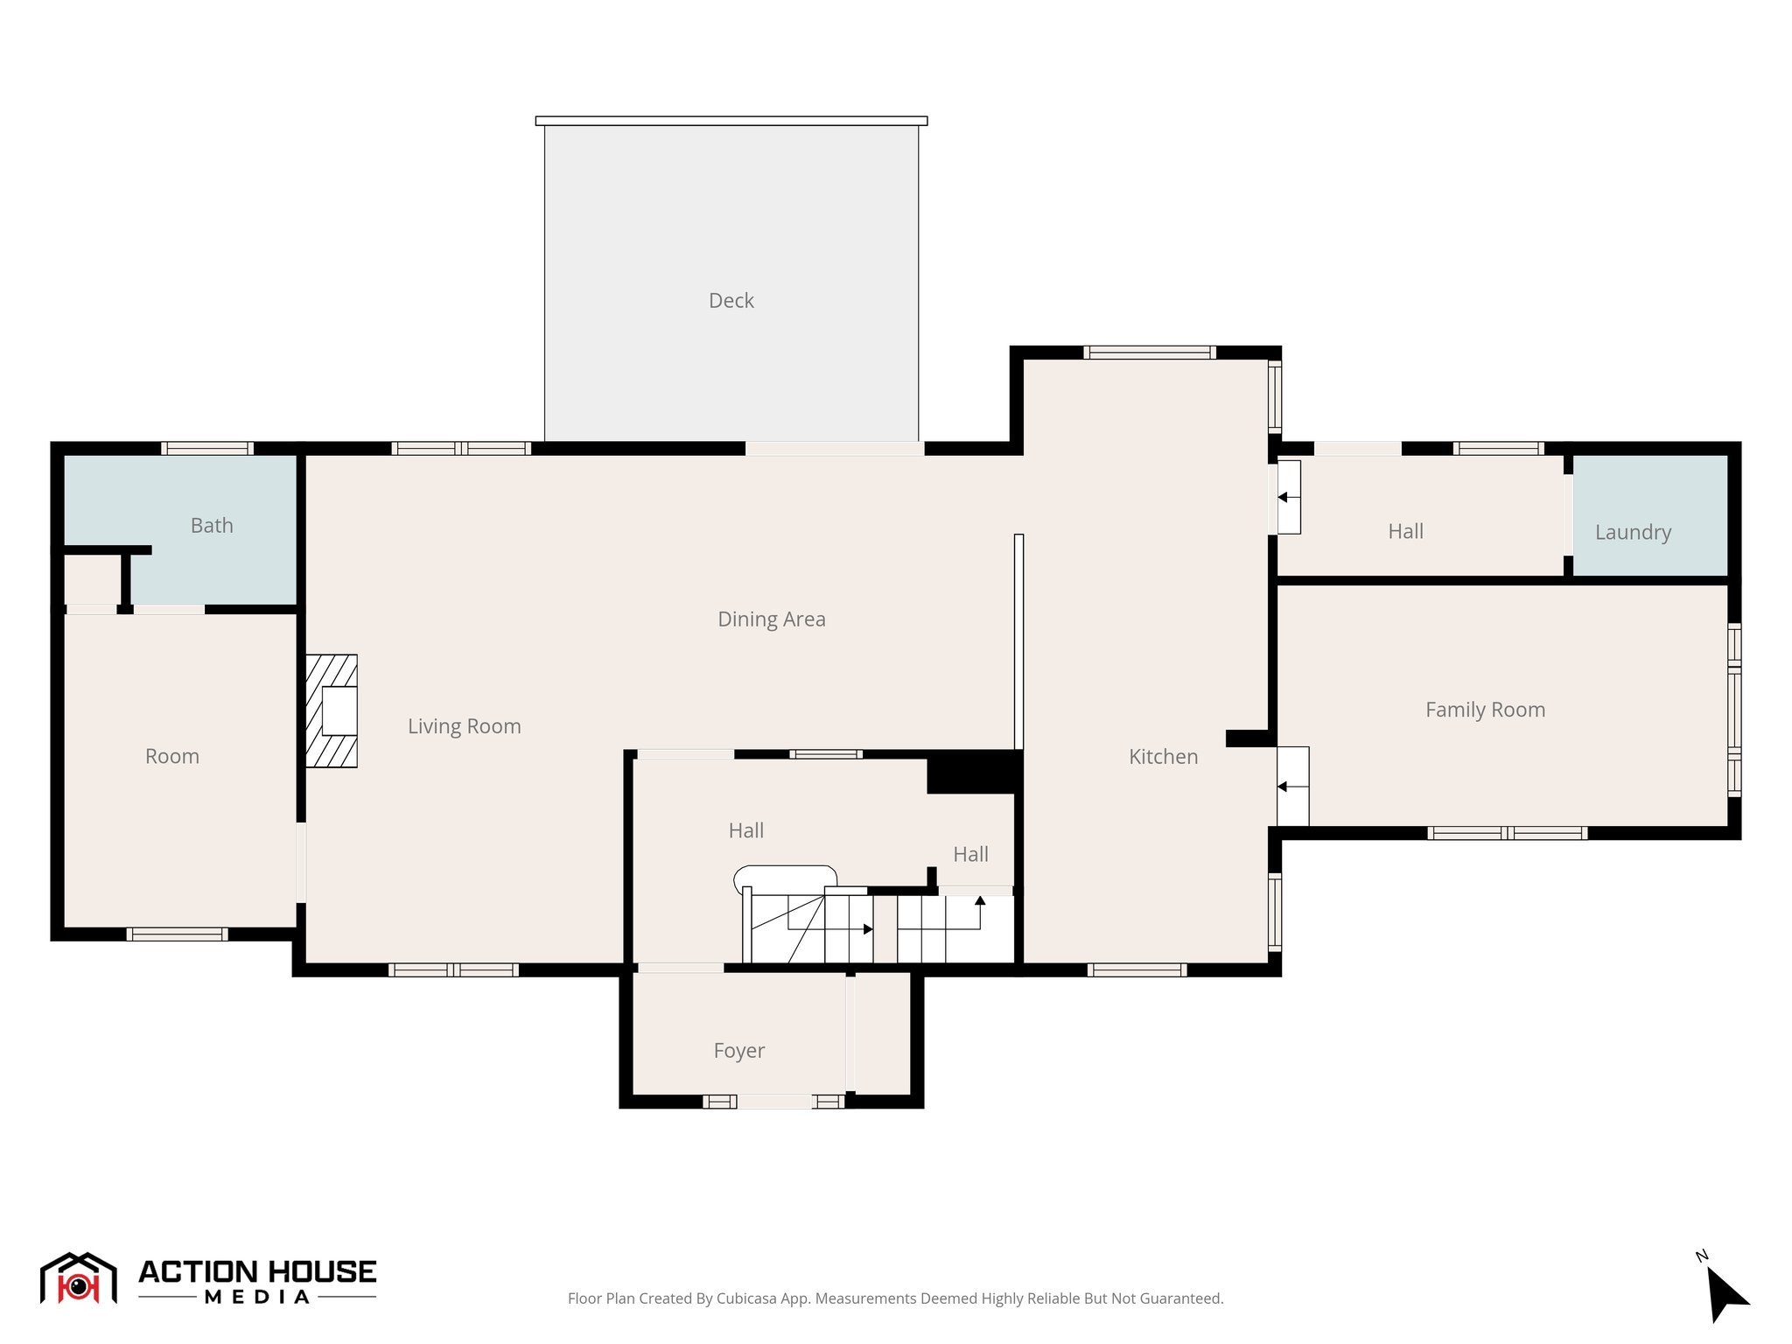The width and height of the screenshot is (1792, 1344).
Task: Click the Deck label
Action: click(x=731, y=301)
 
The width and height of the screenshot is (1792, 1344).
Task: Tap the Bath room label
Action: click(x=212, y=526)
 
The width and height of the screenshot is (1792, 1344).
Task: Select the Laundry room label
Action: click(x=1633, y=532)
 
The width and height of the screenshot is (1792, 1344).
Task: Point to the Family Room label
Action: click(x=1485, y=710)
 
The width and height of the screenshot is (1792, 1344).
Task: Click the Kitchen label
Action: click(x=1163, y=757)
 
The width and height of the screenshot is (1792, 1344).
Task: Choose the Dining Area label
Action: click(x=771, y=619)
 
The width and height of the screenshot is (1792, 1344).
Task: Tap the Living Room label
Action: click(x=464, y=726)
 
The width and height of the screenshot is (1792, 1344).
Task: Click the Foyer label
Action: click(x=738, y=1051)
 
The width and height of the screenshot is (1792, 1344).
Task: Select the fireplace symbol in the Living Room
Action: click(x=332, y=710)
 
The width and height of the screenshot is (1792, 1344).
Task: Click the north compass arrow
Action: click(x=1725, y=1293)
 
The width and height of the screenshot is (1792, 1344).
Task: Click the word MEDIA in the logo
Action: click(x=257, y=1298)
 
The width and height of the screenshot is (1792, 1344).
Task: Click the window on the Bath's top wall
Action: click(x=207, y=448)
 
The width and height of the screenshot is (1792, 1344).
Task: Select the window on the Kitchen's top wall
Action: click(x=1149, y=353)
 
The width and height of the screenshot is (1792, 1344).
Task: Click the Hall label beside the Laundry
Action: click(x=1405, y=532)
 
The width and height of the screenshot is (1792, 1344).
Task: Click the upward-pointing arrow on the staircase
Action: click(x=980, y=901)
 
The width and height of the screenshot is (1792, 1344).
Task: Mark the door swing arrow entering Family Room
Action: click(x=1283, y=787)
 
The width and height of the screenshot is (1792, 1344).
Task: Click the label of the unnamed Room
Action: click(x=172, y=757)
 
